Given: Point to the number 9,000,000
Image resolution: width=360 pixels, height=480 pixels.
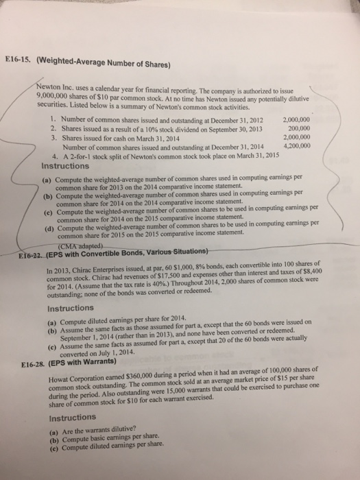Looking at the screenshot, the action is tap(51, 99).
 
